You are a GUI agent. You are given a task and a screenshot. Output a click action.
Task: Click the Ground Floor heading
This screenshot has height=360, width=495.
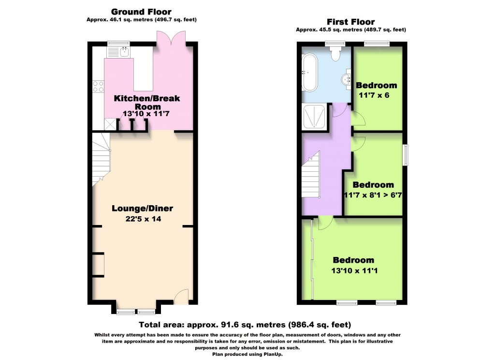141,12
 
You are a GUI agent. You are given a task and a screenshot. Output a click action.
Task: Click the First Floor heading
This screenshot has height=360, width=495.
351,22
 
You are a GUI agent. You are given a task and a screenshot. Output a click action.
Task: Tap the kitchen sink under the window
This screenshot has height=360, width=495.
124,51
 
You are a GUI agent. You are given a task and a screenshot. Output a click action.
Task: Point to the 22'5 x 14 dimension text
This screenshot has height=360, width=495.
142,219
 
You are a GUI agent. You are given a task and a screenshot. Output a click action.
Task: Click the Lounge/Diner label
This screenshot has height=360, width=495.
142,209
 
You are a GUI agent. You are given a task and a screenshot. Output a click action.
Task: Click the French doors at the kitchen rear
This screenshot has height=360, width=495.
171,37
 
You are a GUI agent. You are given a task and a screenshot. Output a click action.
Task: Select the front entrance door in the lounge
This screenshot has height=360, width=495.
181,296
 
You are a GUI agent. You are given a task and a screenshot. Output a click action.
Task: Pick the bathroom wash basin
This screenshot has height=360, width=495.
346,79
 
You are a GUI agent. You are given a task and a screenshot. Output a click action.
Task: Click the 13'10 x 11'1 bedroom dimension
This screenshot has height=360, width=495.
353,270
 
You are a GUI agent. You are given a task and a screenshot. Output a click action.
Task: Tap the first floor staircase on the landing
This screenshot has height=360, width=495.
312,177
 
